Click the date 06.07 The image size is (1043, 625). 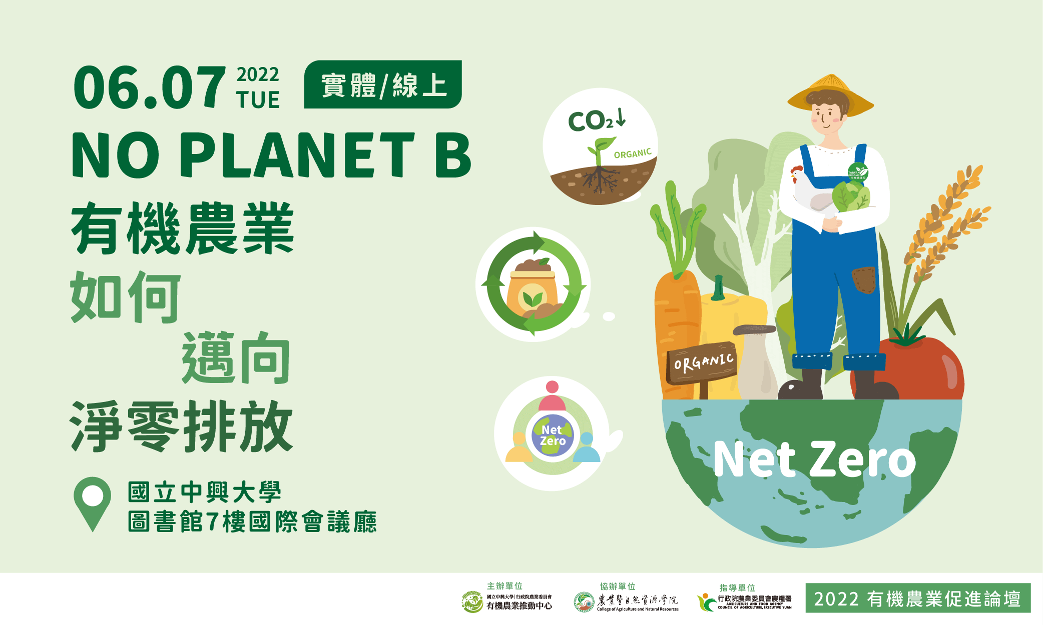click(x=149, y=88)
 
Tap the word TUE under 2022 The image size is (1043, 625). click(x=258, y=100)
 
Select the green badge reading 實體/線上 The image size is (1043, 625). click(x=383, y=84)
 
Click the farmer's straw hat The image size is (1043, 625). click(x=830, y=92)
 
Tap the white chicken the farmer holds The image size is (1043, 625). click(x=808, y=190)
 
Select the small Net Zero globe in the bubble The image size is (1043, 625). click(x=553, y=435)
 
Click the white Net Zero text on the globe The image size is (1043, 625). click(x=814, y=459)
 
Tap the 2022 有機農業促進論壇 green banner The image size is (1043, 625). click(x=917, y=598)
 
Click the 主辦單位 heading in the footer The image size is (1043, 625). click(x=504, y=585)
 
